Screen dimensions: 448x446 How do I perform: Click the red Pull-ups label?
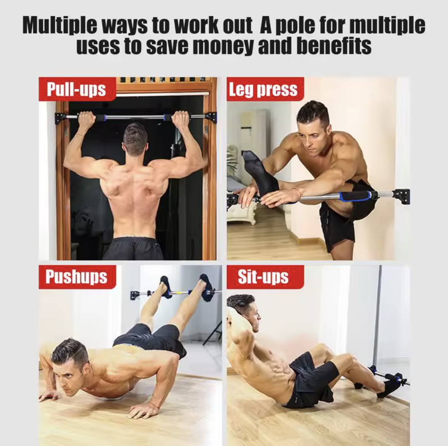[x=77, y=89]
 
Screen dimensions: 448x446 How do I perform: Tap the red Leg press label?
[x=265, y=89]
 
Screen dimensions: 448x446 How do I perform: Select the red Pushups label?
[x=77, y=276]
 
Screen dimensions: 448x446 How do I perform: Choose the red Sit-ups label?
[x=265, y=276]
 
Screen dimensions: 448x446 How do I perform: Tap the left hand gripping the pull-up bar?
[x=86, y=120]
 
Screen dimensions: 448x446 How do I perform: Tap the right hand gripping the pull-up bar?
[x=181, y=120]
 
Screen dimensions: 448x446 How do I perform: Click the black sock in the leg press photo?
[x=260, y=175]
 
